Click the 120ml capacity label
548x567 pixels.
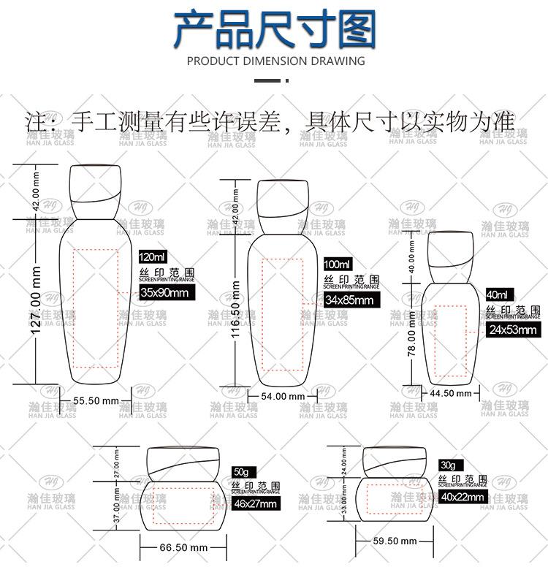(x=153, y=257)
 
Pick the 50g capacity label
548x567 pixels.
(x=241, y=471)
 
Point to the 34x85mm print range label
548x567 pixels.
(x=349, y=300)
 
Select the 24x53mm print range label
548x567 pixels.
(x=512, y=330)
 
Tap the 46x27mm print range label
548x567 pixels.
(x=255, y=504)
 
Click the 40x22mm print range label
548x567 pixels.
(x=462, y=498)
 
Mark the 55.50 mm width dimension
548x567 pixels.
(x=96, y=400)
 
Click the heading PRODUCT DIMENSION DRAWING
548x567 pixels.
(x=275, y=61)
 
